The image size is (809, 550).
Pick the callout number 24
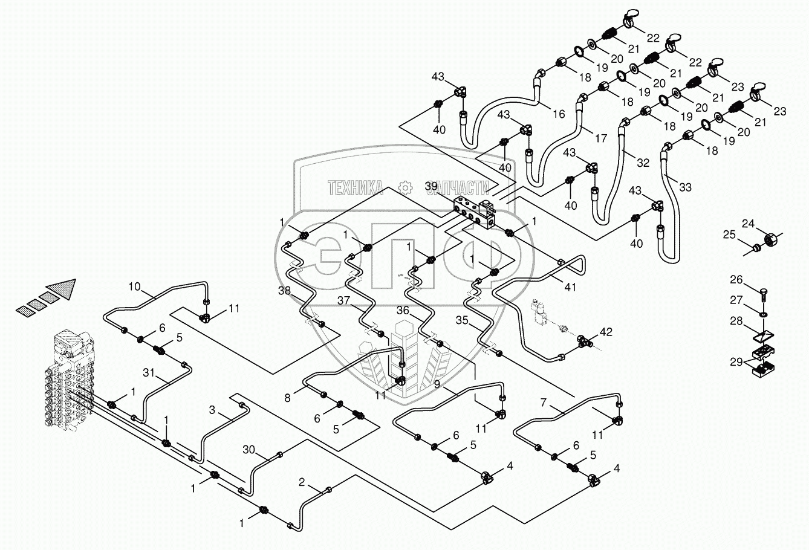coord(749,224)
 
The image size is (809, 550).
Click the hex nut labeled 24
coord(772,240)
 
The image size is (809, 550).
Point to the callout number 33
coord(684,187)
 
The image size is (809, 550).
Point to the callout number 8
coord(288,397)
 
